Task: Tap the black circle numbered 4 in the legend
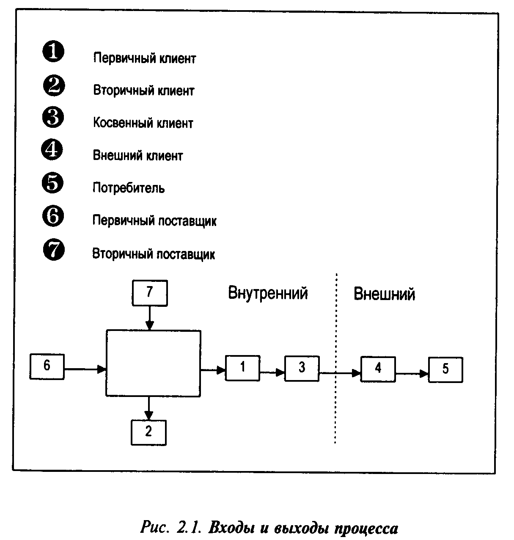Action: click(52, 150)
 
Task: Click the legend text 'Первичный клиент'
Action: click(145, 58)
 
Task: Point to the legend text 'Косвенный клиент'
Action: click(143, 123)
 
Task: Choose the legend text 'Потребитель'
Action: click(129, 188)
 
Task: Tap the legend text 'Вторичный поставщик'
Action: click(154, 254)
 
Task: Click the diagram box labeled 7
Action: click(150, 292)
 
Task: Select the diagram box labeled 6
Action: click(47, 366)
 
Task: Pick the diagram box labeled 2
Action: click(148, 432)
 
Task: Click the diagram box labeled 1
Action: click(242, 368)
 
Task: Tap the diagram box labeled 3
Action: click(302, 368)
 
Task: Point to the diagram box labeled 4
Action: click(378, 369)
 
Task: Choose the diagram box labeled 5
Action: click(445, 370)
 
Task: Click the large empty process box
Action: click(153, 364)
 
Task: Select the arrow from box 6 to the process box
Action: click(85, 369)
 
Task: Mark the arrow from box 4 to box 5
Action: click(412, 373)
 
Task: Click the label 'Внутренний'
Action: click(268, 293)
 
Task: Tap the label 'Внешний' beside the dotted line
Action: click(384, 294)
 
